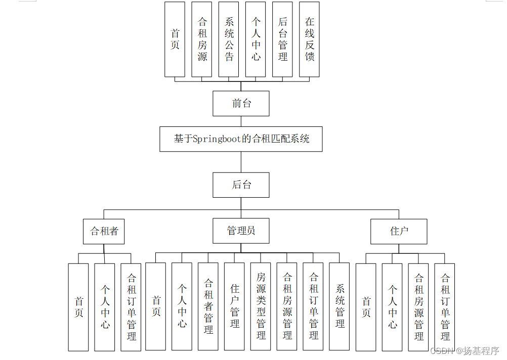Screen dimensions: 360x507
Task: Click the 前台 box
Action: (x=241, y=104)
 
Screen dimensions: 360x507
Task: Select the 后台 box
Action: (x=241, y=185)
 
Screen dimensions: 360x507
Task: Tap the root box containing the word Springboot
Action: (x=241, y=139)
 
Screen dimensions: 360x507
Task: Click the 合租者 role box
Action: (x=104, y=232)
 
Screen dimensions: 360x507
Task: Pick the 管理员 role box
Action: (x=241, y=231)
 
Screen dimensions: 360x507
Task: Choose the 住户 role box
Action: (x=399, y=232)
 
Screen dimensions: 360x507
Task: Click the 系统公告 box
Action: (x=229, y=39)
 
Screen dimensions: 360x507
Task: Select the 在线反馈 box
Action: (x=309, y=39)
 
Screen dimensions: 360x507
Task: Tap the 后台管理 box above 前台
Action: (x=282, y=39)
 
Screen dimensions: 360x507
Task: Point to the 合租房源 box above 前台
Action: (x=202, y=39)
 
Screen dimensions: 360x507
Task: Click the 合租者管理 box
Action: (x=208, y=307)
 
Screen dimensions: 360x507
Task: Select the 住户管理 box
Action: (x=234, y=307)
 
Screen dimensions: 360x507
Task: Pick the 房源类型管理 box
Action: (x=261, y=307)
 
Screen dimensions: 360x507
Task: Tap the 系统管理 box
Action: (x=340, y=307)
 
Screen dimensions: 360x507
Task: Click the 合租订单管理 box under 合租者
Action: (x=131, y=307)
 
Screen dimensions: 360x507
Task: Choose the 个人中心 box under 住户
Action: (x=392, y=307)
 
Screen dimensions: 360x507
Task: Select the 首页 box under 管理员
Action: (x=155, y=307)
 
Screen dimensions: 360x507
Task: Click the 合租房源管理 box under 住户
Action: (x=418, y=307)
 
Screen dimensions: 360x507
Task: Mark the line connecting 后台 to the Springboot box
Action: (x=241, y=162)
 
